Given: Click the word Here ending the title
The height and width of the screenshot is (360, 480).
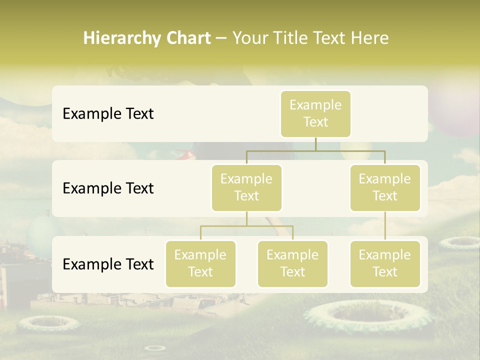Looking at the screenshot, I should pyautogui.click(x=370, y=38).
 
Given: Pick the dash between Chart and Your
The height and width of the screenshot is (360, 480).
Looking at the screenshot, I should pyautogui.click(x=221, y=38).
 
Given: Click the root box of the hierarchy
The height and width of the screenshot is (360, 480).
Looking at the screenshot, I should pyautogui.click(x=315, y=113).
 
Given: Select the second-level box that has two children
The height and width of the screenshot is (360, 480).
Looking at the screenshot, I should pyautogui.click(x=246, y=187).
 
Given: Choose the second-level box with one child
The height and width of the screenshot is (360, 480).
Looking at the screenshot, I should pyautogui.click(x=385, y=187).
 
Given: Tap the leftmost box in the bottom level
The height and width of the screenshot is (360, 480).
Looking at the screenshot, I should pyautogui.click(x=200, y=263).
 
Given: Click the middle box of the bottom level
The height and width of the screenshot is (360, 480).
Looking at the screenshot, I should pyautogui.click(x=292, y=263).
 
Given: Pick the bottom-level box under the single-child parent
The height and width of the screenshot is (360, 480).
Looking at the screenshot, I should pyautogui.click(x=385, y=263).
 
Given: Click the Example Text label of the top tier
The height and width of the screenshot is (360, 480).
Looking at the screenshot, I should pyautogui.click(x=108, y=113).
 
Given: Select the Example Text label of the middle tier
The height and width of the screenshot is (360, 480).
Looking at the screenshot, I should pyautogui.click(x=108, y=188).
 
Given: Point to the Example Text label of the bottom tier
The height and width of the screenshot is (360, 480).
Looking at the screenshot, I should pyautogui.click(x=108, y=264).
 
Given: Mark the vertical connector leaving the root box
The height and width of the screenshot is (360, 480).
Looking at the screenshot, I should pyautogui.click(x=315, y=144).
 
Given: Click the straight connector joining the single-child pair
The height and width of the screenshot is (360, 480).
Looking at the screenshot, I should pyautogui.click(x=385, y=226).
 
